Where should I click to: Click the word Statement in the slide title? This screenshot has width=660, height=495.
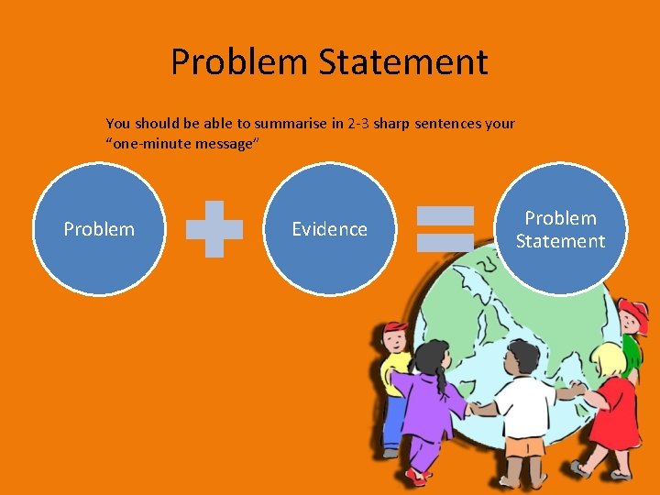(x=403, y=62)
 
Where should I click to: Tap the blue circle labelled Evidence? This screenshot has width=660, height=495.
(x=329, y=229)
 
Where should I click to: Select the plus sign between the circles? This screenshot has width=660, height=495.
(x=214, y=228)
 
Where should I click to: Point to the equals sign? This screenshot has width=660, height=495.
(x=445, y=228)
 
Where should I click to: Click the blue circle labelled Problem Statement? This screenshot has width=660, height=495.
(x=560, y=229)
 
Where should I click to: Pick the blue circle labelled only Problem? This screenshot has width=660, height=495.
(x=99, y=229)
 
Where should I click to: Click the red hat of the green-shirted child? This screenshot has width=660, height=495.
(x=634, y=316)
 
